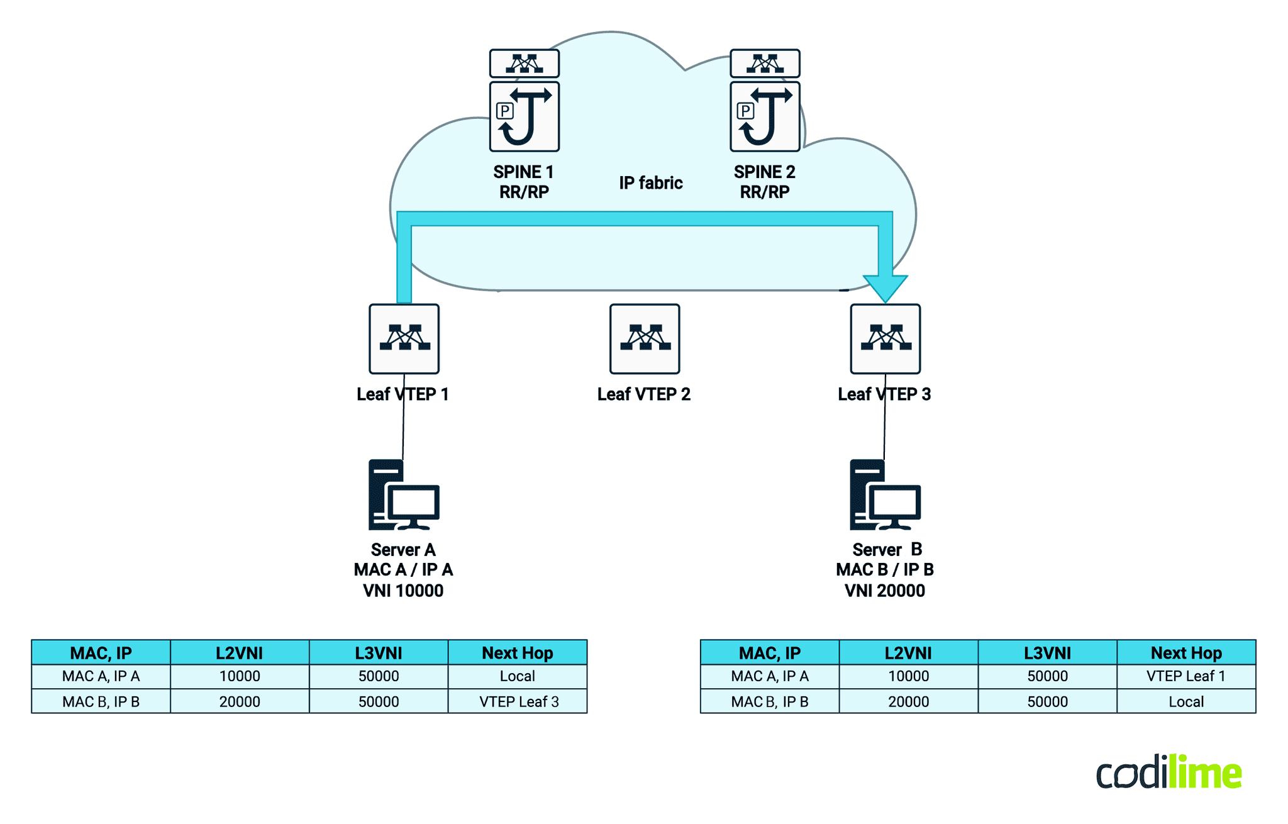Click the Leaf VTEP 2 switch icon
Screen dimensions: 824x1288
[x=644, y=338]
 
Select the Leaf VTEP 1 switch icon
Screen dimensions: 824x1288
[x=404, y=338]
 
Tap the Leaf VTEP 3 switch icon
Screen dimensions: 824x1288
[x=885, y=338]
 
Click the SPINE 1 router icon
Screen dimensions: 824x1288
[x=524, y=116]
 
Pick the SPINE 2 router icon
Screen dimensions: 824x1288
[x=764, y=116]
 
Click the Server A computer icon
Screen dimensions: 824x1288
[x=403, y=495]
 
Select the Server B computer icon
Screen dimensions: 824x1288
[x=884, y=495]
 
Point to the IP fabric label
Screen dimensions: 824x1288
[x=650, y=183]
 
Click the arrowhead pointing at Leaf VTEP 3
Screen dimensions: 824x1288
[x=885, y=288]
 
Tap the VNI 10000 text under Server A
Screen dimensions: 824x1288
[x=403, y=591]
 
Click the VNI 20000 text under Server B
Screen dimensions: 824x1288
[x=884, y=591]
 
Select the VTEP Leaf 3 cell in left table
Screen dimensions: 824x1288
[x=518, y=701]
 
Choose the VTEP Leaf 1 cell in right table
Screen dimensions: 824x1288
[x=1185, y=676]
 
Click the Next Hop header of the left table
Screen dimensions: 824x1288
[x=517, y=653]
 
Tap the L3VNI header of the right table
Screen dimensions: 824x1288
[x=1047, y=653]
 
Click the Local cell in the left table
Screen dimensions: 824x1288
[x=517, y=676]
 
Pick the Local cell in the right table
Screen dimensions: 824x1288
[x=1185, y=701]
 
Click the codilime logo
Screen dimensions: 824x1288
[x=1169, y=772]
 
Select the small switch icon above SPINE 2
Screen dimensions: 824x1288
[x=764, y=63]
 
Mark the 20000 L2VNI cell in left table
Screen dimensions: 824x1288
[x=240, y=701]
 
